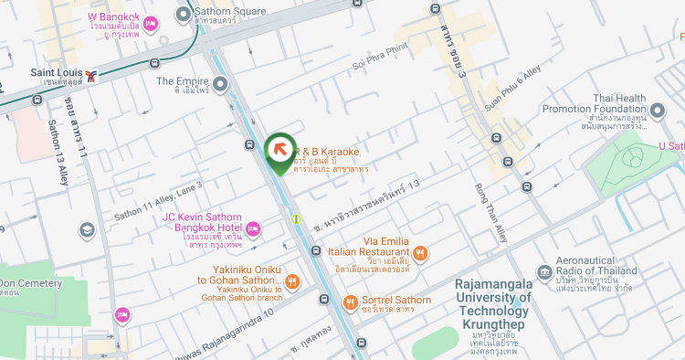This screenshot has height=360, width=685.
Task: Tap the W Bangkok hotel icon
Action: coord(152,24)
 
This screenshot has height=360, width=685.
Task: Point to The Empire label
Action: coord(177,80)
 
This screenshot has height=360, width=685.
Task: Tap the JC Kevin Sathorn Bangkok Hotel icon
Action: coord(253,228)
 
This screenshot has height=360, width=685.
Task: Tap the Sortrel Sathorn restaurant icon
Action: coord(349,302)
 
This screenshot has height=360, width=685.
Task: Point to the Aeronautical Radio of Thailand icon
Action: coord(543,270)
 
